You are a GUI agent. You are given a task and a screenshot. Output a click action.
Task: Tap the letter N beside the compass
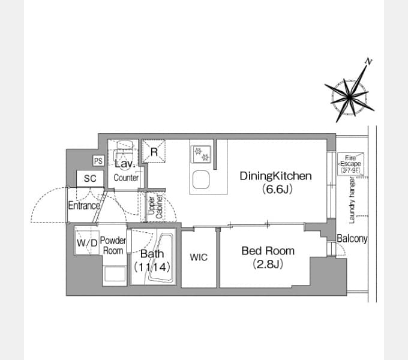click(x=369, y=61)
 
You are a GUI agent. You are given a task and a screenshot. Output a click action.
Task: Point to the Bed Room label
click(x=268, y=251)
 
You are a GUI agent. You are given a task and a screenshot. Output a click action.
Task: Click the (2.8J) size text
click(x=268, y=264)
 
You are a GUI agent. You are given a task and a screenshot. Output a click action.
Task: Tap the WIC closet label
click(x=199, y=257)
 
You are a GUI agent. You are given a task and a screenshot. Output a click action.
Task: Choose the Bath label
click(x=152, y=254)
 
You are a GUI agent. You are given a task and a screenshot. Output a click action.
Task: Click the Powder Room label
click(x=113, y=245)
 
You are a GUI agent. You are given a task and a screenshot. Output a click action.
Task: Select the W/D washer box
click(x=86, y=244)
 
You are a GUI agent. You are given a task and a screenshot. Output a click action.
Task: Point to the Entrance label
click(x=83, y=205)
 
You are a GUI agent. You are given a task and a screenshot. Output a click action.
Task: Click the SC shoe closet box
click(x=90, y=178)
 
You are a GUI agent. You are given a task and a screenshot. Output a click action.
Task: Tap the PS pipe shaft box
click(x=98, y=161)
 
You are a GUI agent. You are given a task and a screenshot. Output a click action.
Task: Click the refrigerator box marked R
click(x=154, y=152)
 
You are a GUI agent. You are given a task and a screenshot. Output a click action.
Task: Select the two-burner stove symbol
click(x=201, y=154)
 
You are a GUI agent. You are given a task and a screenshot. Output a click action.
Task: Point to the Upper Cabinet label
click(x=155, y=206)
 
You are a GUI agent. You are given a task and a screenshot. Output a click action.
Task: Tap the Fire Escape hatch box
click(x=350, y=163)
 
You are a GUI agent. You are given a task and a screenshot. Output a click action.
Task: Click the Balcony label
click(x=352, y=238)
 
